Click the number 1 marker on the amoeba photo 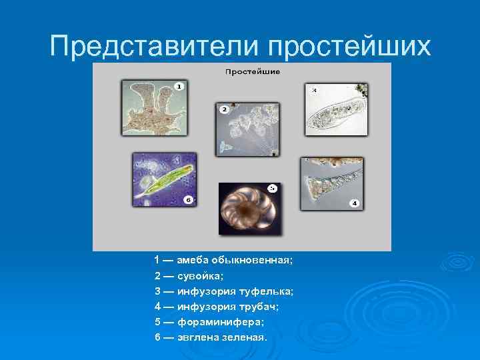[x=179, y=86]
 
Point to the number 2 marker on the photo [x=225, y=109]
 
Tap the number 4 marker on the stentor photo [x=354, y=202]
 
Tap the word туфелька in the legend [x=271, y=291]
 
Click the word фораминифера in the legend [x=213, y=322]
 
